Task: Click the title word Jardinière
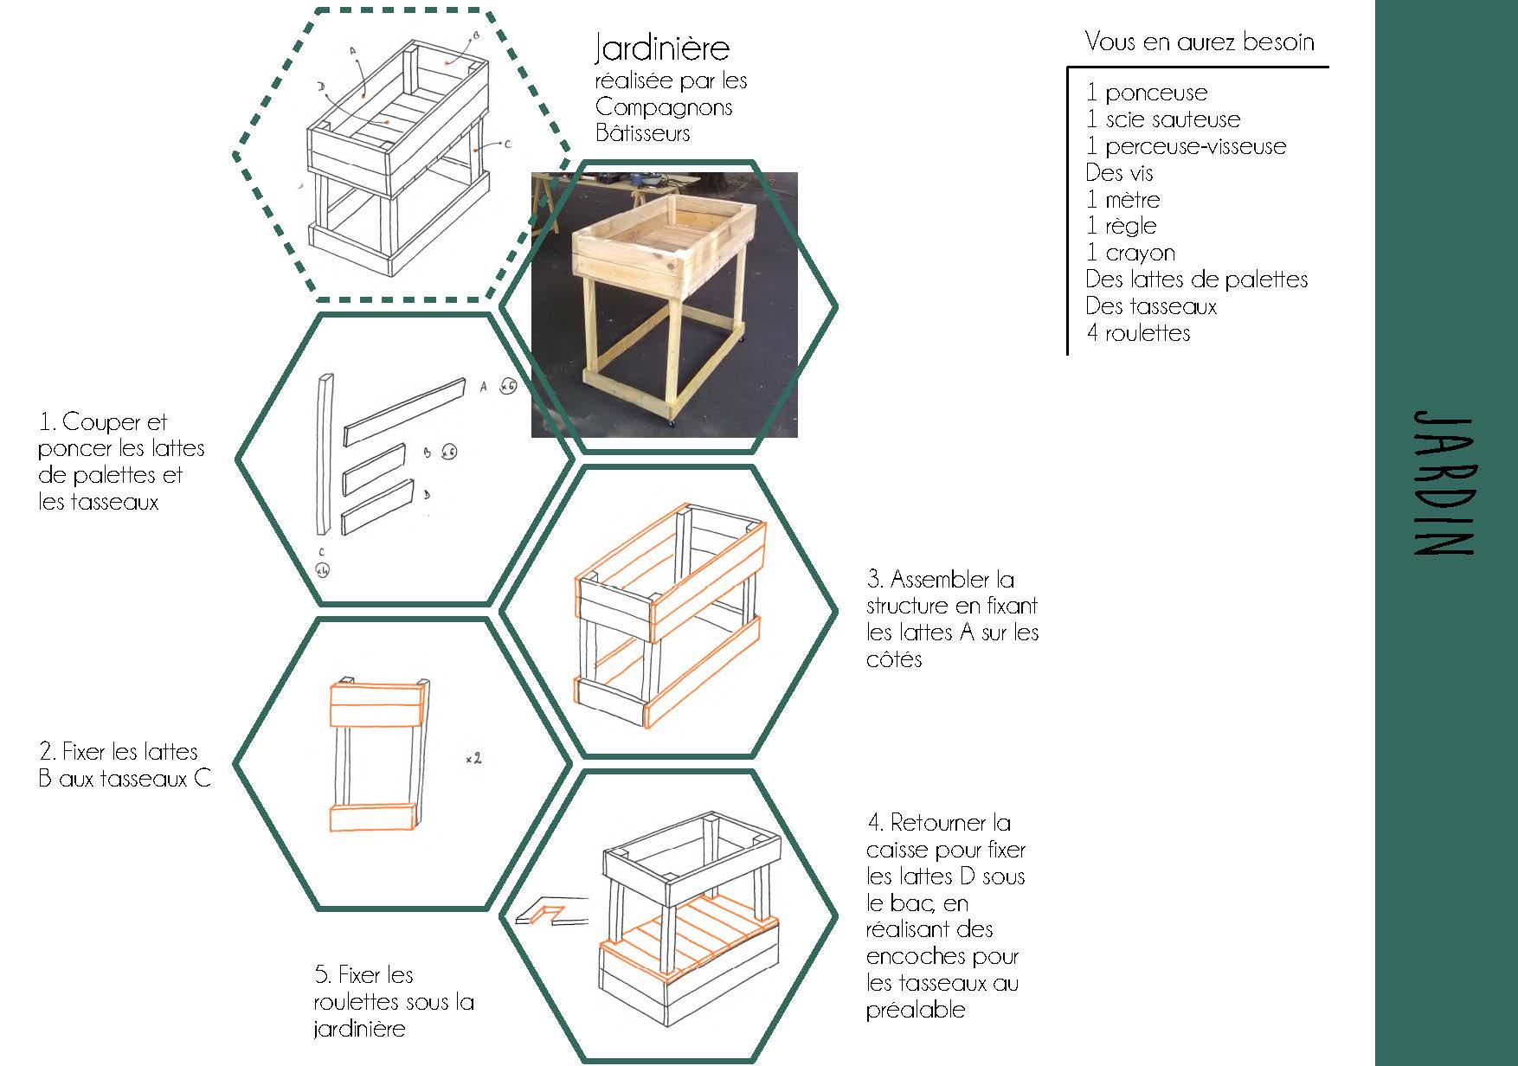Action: point(662,48)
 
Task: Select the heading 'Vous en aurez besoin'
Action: point(1199,42)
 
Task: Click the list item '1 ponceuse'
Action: point(1147,93)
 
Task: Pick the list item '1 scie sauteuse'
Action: point(1163,119)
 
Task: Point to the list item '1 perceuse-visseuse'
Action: point(1186,146)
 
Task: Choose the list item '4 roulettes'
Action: point(1138,333)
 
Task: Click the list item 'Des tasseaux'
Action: point(1151,306)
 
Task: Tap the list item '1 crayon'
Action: point(1130,253)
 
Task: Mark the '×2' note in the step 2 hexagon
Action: point(473,759)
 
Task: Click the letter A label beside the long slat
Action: point(484,387)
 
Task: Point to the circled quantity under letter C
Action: point(322,569)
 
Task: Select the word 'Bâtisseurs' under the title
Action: point(642,133)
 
